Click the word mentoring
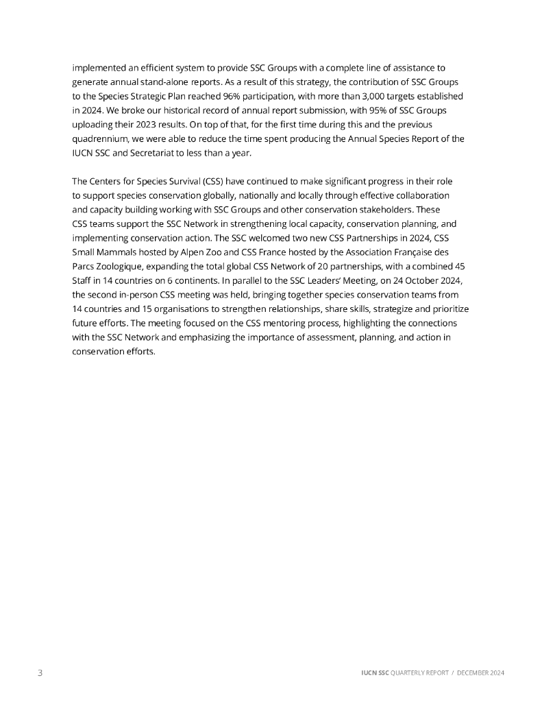pyautogui.click(x=256, y=322)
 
